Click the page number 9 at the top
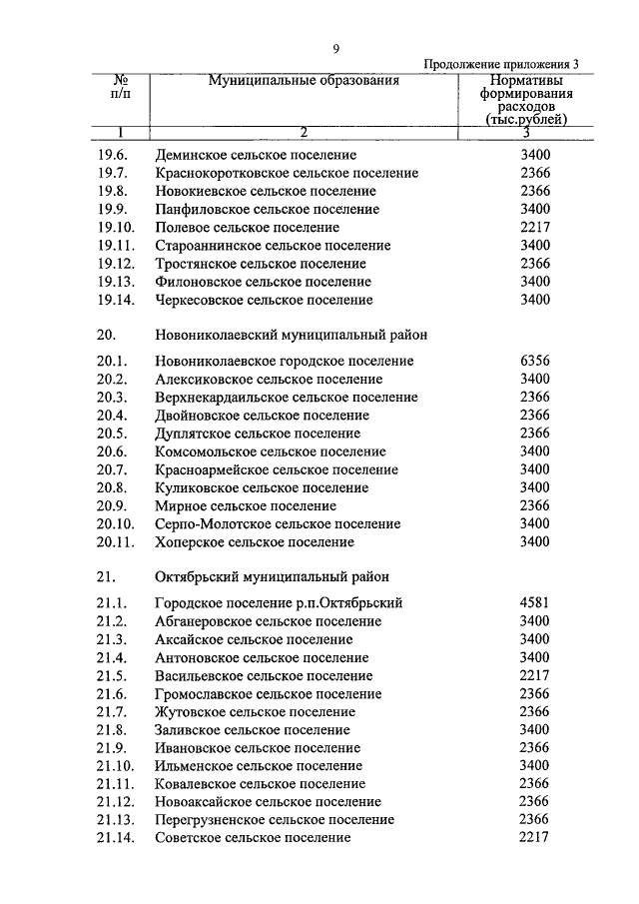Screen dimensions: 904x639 point(336,50)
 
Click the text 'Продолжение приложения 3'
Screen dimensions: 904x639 point(501,65)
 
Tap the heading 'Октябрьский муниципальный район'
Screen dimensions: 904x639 point(273,576)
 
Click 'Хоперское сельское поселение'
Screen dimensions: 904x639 point(255,541)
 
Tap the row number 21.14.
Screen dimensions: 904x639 point(115,837)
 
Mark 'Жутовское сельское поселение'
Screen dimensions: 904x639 point(256,711)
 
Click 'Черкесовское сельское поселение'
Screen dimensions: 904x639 point(265,300)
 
